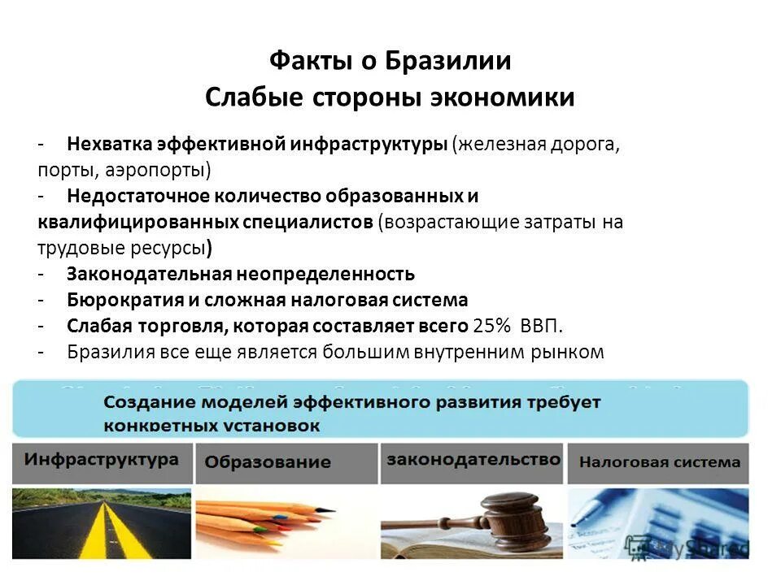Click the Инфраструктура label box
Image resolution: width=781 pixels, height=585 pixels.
click(x=101, y=460)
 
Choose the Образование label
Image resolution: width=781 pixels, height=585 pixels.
click(x=268, y=462)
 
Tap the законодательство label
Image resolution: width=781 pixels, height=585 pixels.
click(x=473, y=459)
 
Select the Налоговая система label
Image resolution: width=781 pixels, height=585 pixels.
click(x=659, y=462)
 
